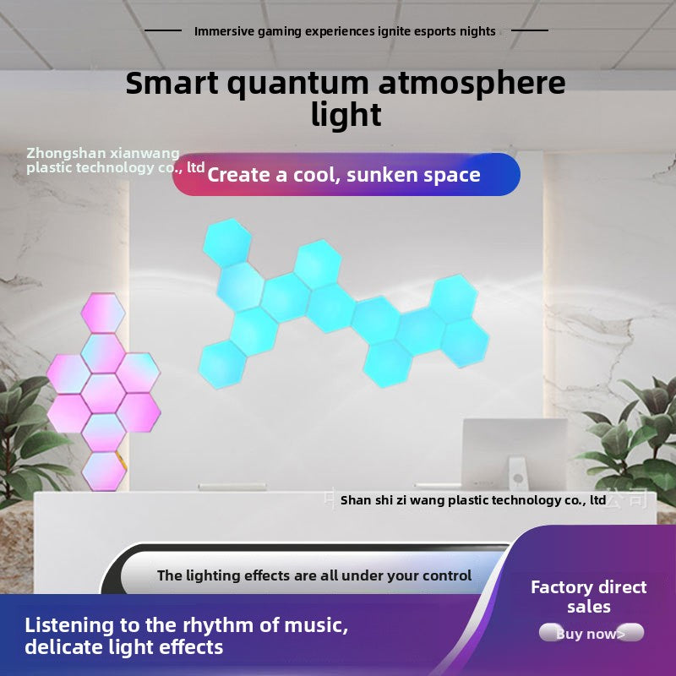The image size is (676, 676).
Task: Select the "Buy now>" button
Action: click(591, 634)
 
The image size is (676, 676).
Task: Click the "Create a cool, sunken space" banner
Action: click(345, 175)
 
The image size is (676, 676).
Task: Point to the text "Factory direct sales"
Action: click(588, 597)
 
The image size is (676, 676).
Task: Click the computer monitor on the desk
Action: click(515, 452)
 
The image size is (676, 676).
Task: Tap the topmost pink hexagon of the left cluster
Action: click(102, 312)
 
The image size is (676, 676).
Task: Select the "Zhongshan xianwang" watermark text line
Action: click(103, 153)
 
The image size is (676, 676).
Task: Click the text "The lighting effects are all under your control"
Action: click(314, 575)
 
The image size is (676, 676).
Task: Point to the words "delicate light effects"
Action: click(124, 648)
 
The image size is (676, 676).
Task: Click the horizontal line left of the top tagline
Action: click(163, 31)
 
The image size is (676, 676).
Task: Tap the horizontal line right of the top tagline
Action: click(530, 31)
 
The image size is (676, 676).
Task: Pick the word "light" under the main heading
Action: click(346, 114)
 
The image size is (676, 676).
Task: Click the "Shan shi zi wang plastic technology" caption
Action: click(473, 500)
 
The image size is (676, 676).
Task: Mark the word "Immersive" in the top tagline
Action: click(223, 31)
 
